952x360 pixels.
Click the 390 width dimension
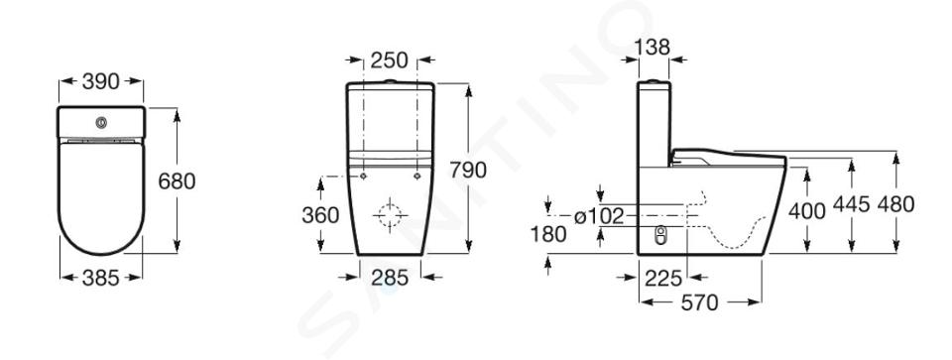(101, 81)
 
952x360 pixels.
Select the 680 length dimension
(177, 180)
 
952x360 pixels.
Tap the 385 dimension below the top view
(101, 278)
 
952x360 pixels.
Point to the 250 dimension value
(390, 60)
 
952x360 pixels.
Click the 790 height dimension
(468, 171)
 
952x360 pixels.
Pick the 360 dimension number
(320, 214)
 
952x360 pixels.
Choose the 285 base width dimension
(390, 278)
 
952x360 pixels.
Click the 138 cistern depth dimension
(653, 47)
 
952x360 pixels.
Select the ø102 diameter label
(599, 215)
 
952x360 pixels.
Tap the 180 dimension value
(548, 234)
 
